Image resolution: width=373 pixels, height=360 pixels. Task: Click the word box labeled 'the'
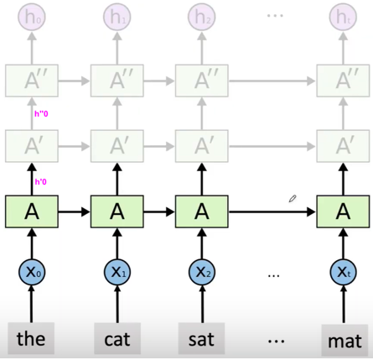pos(31,341)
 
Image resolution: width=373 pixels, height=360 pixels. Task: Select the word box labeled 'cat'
pos(116,341)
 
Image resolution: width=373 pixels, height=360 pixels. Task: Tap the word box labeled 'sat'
pos(200,341)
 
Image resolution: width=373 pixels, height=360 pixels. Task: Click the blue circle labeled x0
pos(31,273)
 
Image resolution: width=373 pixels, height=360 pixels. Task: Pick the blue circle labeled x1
pos(116,273)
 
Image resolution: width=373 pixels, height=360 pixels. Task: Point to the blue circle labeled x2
pos(200,273)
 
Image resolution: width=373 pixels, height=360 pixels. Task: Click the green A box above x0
pos(31,211)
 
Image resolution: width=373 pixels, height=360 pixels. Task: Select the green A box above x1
pos(116,211)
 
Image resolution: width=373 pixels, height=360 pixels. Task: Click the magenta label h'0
pos(40,181)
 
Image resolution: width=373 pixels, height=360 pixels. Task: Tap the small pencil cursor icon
pos(293,199)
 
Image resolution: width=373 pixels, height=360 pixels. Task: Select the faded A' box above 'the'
pos(31,145)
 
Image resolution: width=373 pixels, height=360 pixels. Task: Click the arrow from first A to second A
pos(73,212)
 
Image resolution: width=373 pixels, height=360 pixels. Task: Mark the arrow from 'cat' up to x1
pos(116,305)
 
